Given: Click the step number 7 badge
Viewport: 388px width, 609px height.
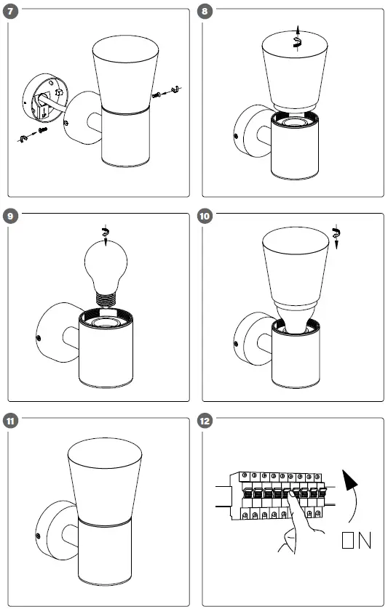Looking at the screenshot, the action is [x=10, y=11].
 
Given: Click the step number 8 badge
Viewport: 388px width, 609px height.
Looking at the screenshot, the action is [x=205, y=11].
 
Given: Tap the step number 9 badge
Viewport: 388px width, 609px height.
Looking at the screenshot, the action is [x=10, y=216].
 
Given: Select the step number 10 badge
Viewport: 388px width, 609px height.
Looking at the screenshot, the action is [x=205, y=216].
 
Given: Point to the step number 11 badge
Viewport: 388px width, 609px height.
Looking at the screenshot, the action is [x=10, y=421].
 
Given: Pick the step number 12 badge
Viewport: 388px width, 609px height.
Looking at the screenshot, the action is [x=205, y=421].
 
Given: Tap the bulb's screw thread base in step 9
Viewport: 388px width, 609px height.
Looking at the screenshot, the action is [x=106, y=300].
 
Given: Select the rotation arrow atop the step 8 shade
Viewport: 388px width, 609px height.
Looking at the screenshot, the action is [x=297, y=39].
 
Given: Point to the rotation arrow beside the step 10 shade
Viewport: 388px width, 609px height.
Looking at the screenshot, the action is [x=336, y=236].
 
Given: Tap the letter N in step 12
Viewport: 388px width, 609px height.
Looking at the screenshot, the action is [x=365, y=540].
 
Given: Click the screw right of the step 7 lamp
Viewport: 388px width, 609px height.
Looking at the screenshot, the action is [x=157, y=94].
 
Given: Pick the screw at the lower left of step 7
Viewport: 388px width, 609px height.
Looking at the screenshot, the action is [x=42, y=129].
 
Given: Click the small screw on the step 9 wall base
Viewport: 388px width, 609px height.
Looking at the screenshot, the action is [x=38, y=338].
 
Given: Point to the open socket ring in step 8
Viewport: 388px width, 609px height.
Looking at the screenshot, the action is [x=295, y=121].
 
